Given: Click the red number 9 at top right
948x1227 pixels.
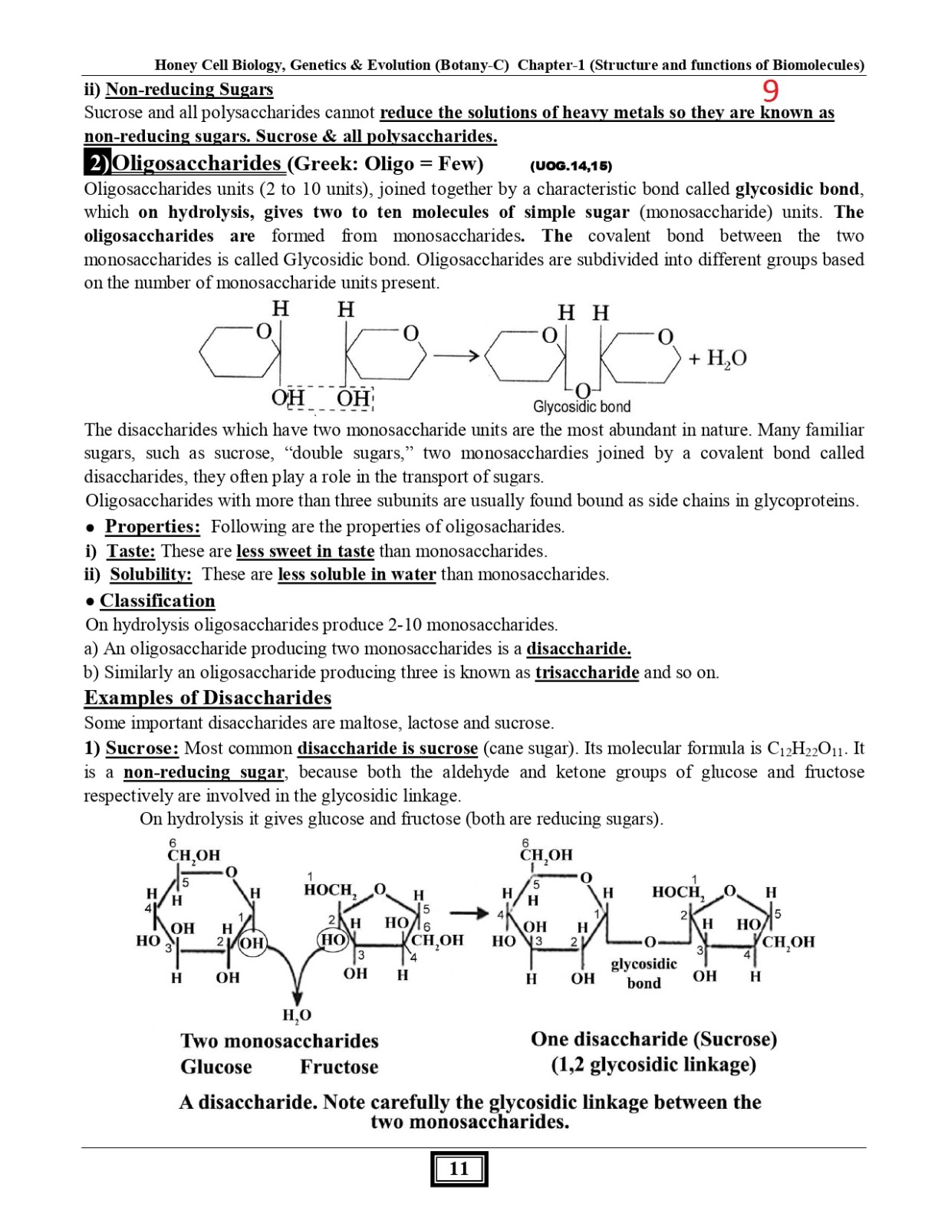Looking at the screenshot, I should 771,91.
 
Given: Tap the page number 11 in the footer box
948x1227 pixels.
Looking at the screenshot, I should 459,1169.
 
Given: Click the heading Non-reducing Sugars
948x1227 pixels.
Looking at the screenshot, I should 189,89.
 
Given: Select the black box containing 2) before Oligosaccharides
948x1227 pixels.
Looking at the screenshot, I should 97,163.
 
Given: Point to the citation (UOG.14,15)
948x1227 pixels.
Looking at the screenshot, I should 571,166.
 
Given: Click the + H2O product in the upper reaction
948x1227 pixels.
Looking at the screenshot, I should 717,358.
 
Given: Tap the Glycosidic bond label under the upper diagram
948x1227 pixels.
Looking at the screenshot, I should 581,406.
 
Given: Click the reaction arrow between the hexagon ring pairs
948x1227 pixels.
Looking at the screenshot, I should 456,356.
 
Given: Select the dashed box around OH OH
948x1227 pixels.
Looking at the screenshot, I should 322,398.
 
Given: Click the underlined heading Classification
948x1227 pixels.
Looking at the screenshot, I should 157,600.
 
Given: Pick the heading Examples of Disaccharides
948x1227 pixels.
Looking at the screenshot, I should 208,698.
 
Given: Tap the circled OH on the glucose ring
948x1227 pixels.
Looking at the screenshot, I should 252,942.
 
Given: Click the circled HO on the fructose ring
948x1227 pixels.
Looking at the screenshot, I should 333,940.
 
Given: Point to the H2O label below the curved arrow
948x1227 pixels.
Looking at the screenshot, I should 297,1015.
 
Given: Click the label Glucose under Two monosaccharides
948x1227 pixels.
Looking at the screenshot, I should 216,1067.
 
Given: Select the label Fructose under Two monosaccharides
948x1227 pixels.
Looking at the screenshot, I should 339,1067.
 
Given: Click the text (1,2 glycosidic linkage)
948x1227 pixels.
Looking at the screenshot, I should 653,1064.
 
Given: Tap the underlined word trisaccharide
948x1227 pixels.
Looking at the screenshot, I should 587,673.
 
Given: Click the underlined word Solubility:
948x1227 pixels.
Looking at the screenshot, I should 150,574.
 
